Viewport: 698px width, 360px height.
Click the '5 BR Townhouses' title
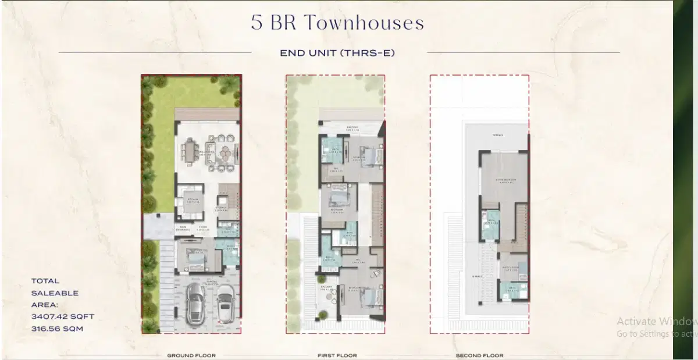click(x=337, y=23)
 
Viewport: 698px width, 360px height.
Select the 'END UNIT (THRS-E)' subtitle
click(x=337, y=53)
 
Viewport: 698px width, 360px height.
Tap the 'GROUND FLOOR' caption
click(x=191, y=355)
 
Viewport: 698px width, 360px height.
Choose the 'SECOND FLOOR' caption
click(x=479, y=355)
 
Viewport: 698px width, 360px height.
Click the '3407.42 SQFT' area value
click(x=63, y=316)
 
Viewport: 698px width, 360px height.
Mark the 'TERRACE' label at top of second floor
click(x=498, y=136)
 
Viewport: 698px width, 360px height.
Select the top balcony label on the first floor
click(x=352, y=128)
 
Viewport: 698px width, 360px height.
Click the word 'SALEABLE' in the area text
click(x=55, y=293)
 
